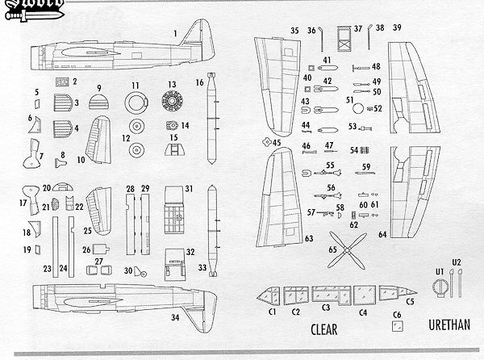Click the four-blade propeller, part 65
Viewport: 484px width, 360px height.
347,250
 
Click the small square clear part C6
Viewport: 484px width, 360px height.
396,326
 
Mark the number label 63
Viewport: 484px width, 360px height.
309,239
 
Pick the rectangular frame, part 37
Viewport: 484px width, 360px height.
341,40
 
